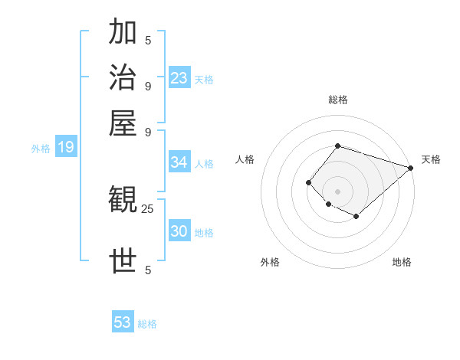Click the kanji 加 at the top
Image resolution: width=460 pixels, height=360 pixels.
123,33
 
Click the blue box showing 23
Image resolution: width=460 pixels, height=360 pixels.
179,77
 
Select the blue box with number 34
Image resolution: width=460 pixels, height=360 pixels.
179,162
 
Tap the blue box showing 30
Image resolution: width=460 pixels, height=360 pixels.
179,231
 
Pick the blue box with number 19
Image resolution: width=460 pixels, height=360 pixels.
66,147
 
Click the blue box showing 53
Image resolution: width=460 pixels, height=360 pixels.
123,322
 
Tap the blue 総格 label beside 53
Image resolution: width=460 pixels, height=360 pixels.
147,324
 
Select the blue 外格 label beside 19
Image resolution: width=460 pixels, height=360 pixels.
41,149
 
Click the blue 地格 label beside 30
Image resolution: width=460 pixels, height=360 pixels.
204,233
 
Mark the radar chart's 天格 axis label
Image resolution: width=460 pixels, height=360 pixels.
431,159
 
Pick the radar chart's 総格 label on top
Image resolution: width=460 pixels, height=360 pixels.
337,100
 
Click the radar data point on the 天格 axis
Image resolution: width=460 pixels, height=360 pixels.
410,168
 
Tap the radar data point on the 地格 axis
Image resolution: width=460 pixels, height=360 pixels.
356,217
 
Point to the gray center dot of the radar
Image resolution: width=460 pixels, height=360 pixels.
337,191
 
